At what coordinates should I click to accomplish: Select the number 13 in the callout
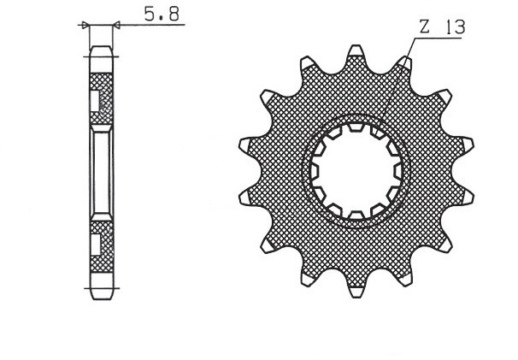(x=454, y=27)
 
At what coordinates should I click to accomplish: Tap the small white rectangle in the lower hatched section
(x=95, y=243)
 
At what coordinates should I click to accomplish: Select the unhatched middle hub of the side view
(x=101, y=171)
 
